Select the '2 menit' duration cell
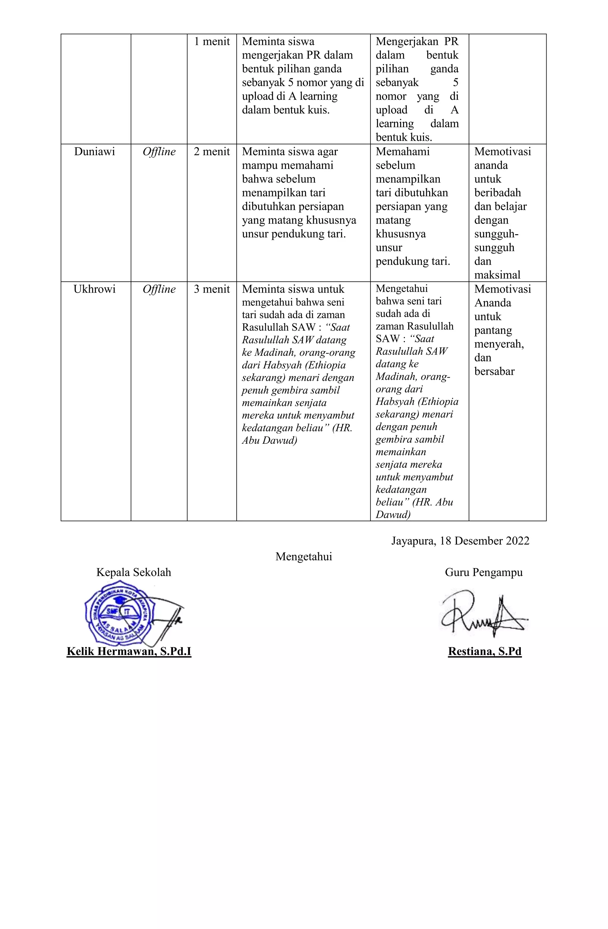coord(212,152)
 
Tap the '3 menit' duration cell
coord(212,289)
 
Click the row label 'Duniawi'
coord(94,152)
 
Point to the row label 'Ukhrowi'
coord(94,289)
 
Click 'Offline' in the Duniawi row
coord(159,152)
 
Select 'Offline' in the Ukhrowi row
coord(159,289)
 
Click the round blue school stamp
coord(119,614)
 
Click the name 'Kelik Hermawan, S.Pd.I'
coord(129,651)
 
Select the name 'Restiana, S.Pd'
coord(484,651)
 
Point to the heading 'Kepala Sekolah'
coord(134,573)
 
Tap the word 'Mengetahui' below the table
coord(304,557)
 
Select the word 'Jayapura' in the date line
coord(413,541)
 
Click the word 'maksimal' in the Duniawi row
coord(497,275)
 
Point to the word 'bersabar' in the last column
coord(494,372)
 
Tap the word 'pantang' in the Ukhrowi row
coord(493,331)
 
